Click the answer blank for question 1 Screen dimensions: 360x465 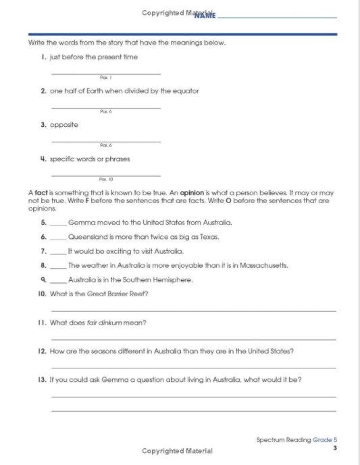pos(106,72)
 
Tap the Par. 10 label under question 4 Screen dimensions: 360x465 pos(104,180)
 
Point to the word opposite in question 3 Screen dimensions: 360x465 pos(64,125)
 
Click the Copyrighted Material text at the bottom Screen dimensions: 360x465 pos(177,451)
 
